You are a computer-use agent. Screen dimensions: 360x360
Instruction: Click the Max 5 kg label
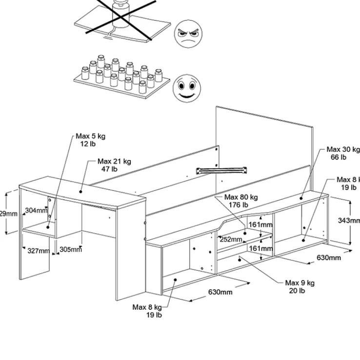(90, 137)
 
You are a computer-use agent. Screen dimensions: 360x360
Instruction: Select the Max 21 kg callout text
(114, 161)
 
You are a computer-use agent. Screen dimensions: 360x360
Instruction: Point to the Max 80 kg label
(241, 197)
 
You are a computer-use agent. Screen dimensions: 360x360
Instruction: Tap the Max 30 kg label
(343, 150)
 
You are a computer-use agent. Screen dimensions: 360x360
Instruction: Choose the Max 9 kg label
(300, 283)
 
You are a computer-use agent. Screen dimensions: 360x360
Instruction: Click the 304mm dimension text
(36, 211)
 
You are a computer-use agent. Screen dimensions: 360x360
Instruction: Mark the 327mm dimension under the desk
(39, 251)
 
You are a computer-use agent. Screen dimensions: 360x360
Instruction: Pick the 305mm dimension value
(70, 249)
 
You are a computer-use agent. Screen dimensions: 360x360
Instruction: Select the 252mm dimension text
(231, 239)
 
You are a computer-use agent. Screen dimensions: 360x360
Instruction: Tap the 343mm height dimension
(349, 220)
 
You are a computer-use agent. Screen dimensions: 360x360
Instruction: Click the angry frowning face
(187, 33)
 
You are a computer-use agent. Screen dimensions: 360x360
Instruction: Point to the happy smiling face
(185, 88)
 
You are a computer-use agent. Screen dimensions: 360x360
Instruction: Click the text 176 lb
(241, 205)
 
